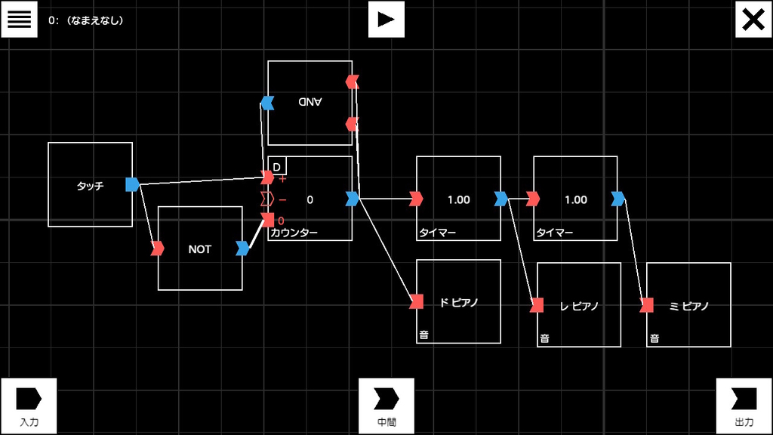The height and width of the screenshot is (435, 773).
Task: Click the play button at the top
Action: (x=386, y=19)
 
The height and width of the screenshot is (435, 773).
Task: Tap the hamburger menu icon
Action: (x=19, y=19)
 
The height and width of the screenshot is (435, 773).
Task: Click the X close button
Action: (x=753, y=19)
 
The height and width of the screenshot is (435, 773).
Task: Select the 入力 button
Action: (x=29, y=406)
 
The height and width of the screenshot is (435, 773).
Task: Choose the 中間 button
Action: (x=386, y=406)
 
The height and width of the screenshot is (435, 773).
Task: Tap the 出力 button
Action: (x=744, y=406)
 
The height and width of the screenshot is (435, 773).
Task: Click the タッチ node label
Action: (x=91, y=186)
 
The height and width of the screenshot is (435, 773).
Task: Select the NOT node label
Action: (x=199, y=249)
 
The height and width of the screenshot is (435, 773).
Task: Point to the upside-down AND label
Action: (x=310, y=102)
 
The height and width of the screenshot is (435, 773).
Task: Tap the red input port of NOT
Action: (x=158, y=248)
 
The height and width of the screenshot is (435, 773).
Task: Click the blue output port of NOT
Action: (x=242, y=248)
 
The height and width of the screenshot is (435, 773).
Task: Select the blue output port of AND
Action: (x=267, y=103)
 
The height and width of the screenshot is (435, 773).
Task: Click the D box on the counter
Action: (x=277, y=166)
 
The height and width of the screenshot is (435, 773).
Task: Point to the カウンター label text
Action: (x=294, y=233)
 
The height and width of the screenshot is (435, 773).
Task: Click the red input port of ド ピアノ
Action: (x=417, y=301)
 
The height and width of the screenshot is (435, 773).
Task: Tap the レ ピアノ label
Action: (x=579, y=307)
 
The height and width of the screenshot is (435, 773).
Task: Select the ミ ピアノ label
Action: (x=688, y=307)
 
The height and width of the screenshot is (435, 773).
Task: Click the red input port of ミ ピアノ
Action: (x=647, y=305)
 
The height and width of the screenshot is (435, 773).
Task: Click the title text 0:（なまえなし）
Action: (x=86, y=20)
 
